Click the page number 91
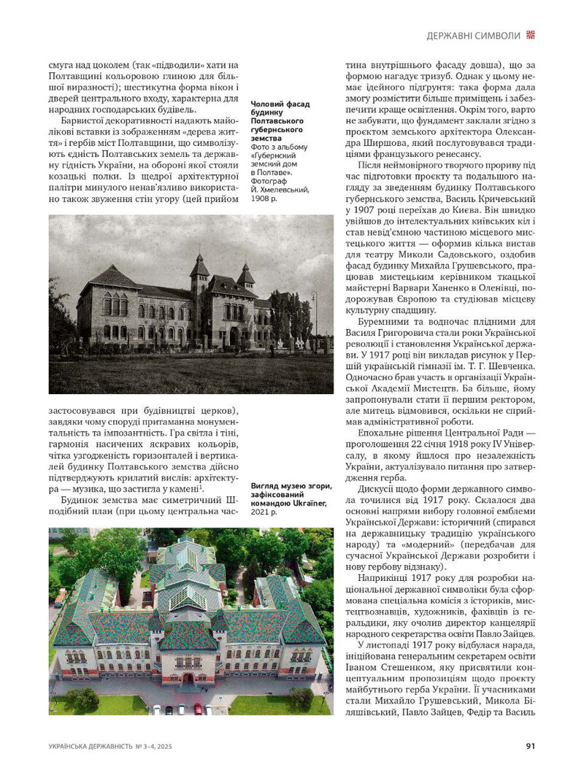(x=531, y=746)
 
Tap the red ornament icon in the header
(x=531, y=34)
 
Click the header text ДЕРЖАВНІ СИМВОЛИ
(x=474, y=35)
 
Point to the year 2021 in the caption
(x=261, y=512)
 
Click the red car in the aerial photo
(x=198, y=708)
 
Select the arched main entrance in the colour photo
(x=188, y=678)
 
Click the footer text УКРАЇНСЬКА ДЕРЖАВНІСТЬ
(x=91, y=746)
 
